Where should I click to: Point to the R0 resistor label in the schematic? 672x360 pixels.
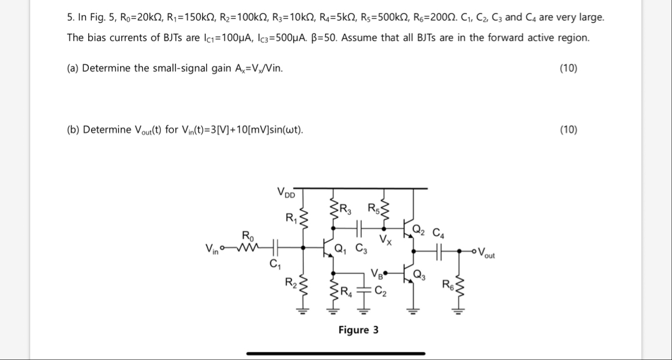(x=247, y=236)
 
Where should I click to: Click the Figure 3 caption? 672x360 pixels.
(x=358, y=330)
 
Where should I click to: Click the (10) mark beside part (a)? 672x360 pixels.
(x=568, y=68)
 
